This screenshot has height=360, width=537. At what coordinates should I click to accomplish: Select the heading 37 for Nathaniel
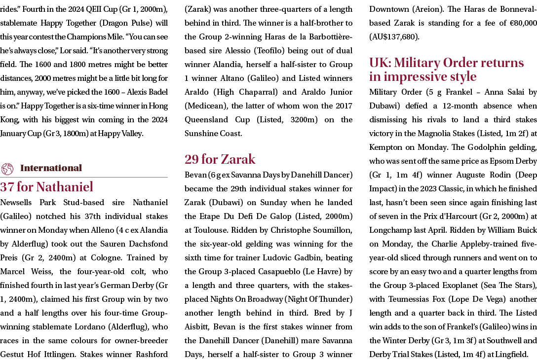point(46,187)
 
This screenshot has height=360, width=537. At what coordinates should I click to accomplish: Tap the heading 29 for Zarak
point(220,159)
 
